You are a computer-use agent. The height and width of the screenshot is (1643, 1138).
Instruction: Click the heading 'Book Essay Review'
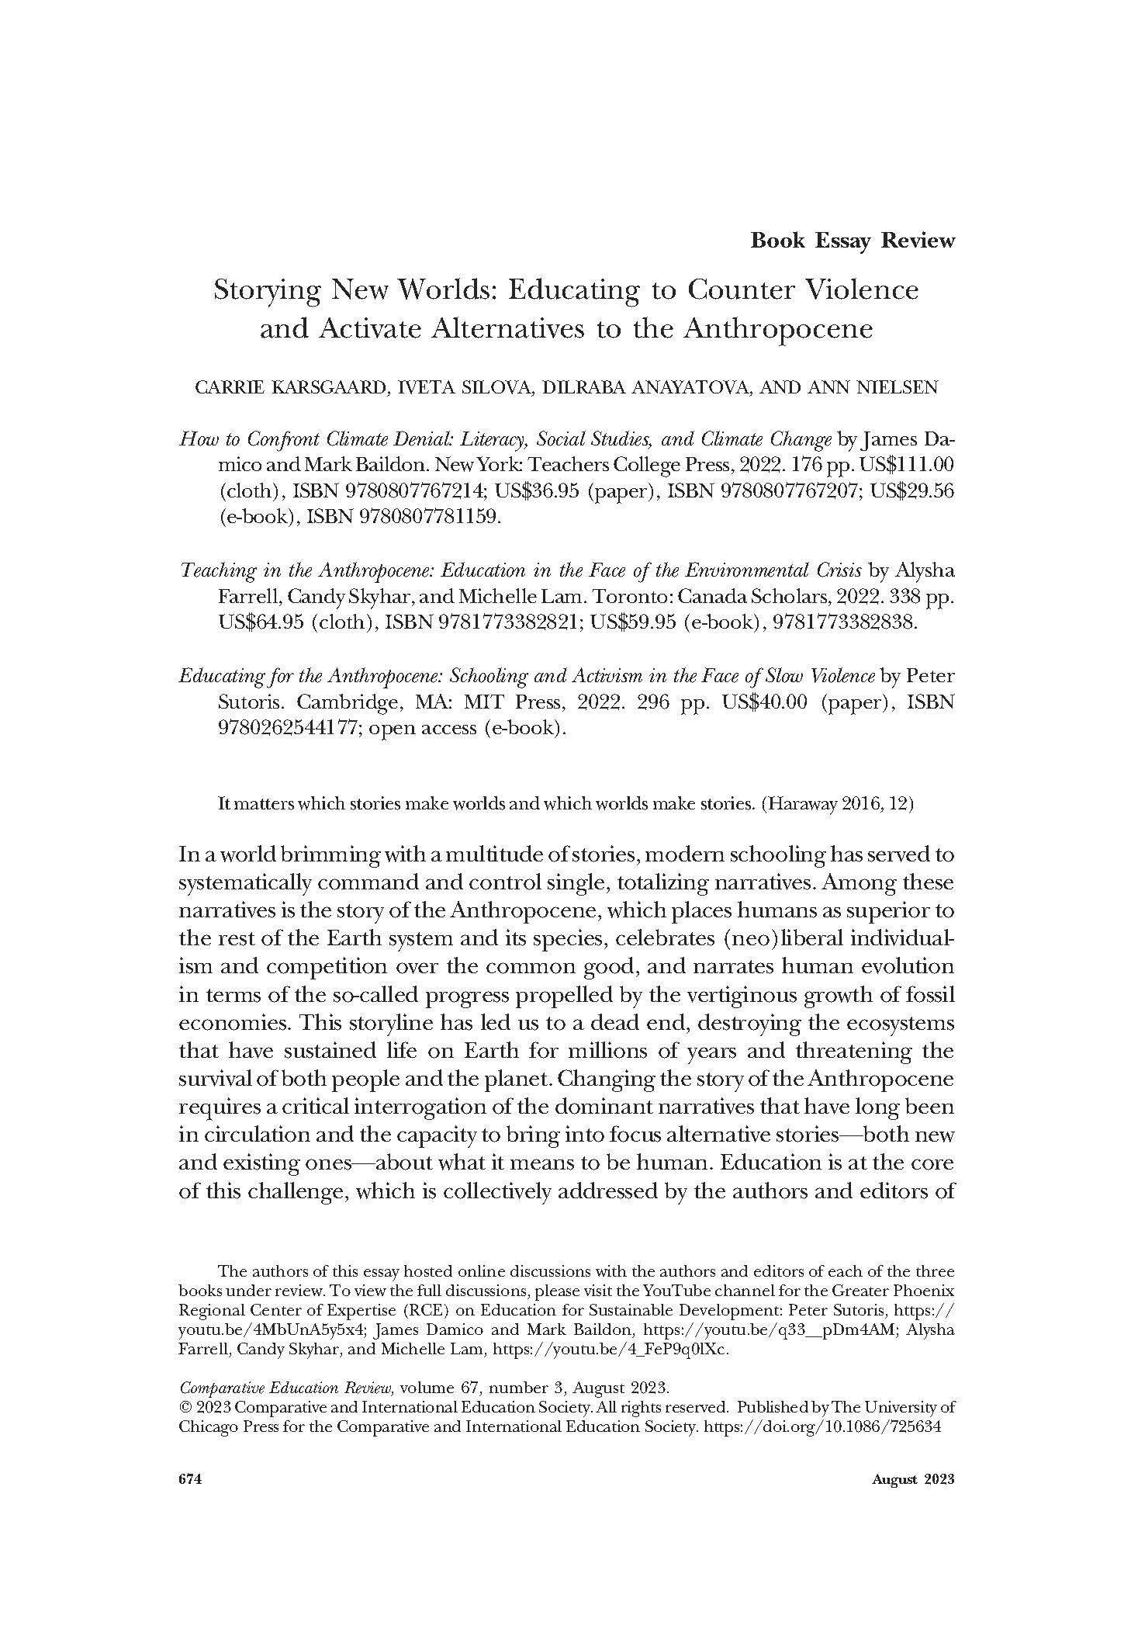(x=852, y=241)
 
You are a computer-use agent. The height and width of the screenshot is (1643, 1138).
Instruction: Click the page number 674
(x=191, y=1479)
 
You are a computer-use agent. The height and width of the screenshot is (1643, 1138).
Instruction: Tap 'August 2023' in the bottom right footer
(x=912, y=1479)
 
